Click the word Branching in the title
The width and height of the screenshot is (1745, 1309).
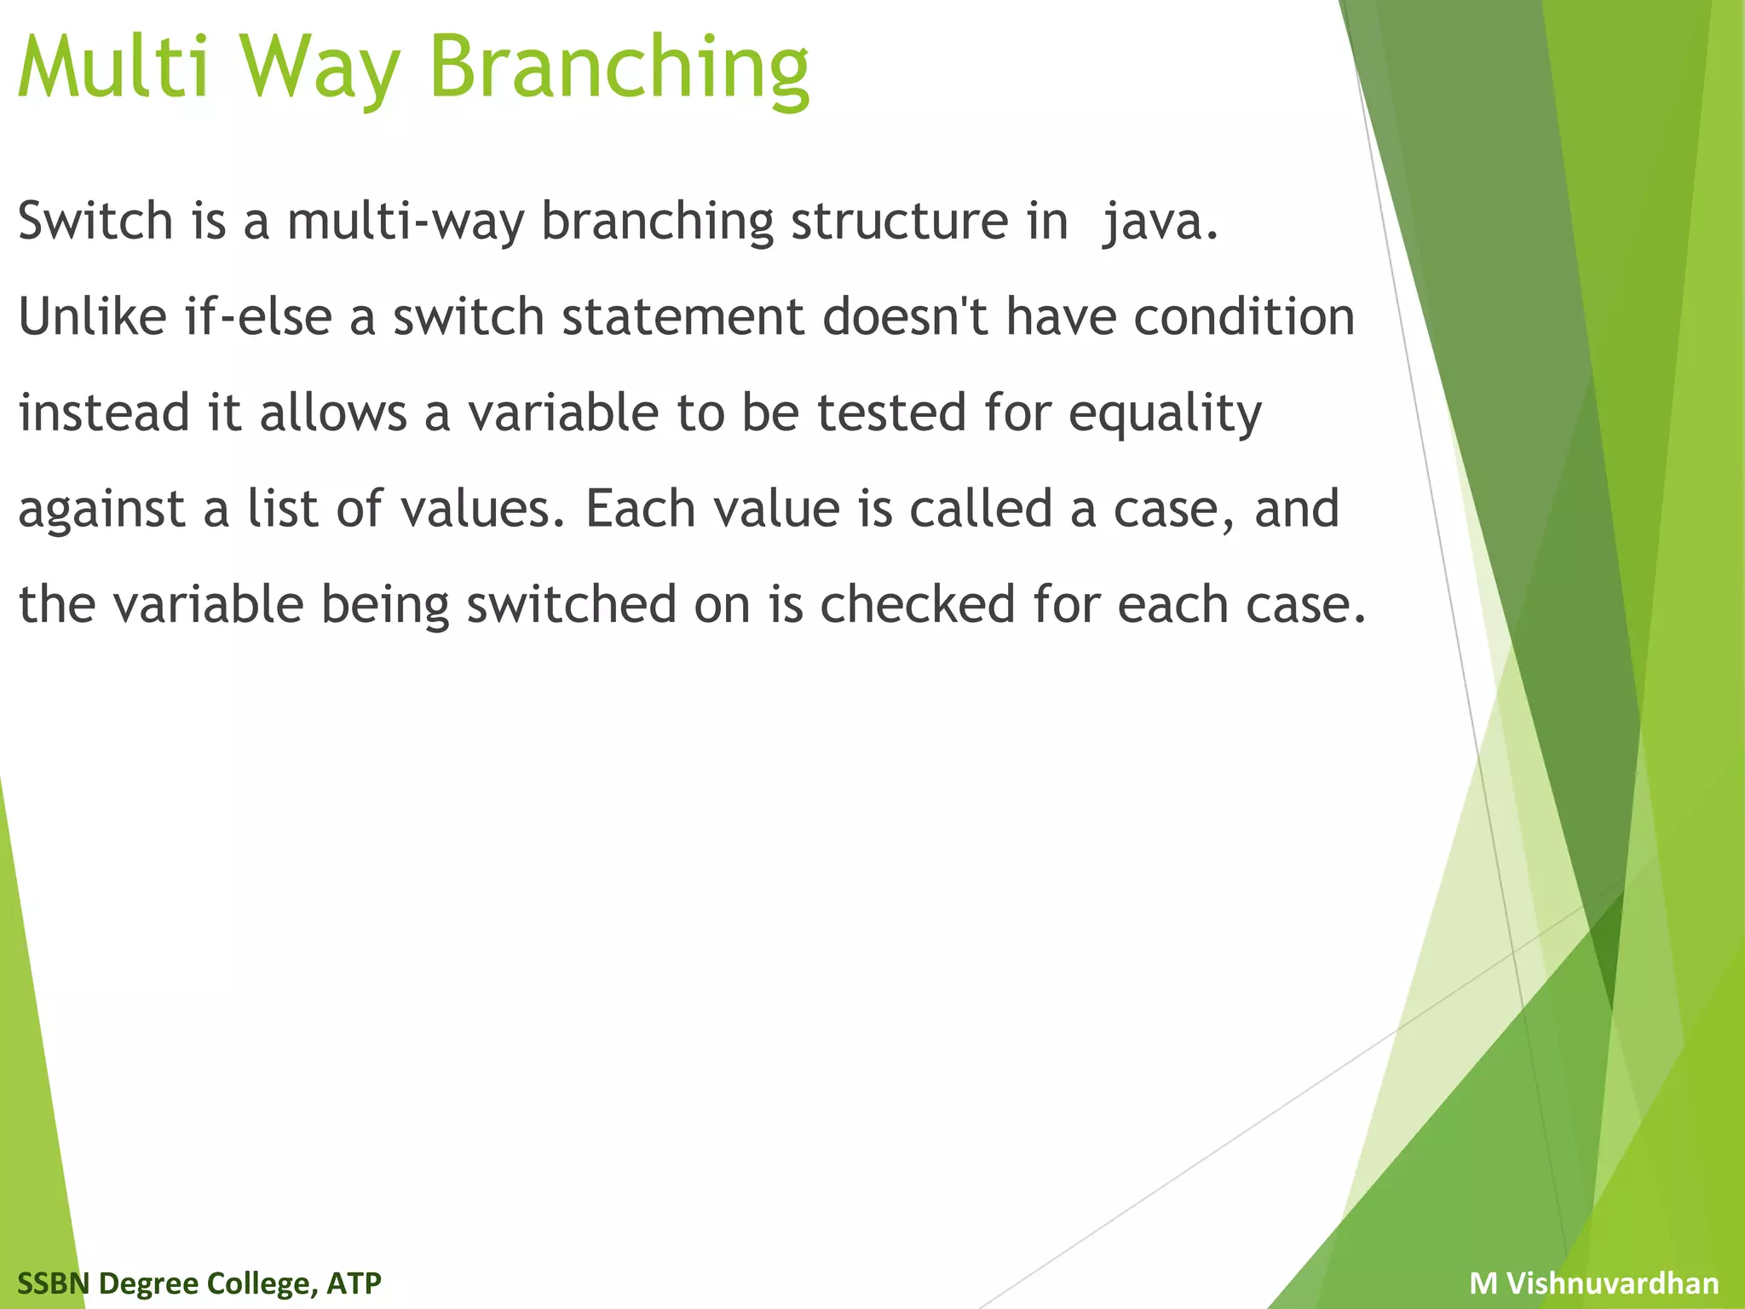[x=619, y=68]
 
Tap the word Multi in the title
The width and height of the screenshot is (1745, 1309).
[x=112, y=68]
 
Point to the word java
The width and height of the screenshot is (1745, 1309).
[x=1160, y=222]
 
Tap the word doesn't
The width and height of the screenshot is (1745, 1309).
[x=905, y=317]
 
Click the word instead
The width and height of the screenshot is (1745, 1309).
[x=104, y=413]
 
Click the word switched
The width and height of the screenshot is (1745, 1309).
[x=571, y=605]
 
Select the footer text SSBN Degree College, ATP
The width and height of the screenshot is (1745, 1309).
[x=199, y=1283]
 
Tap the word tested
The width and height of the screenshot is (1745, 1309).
[x=891, y=413]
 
